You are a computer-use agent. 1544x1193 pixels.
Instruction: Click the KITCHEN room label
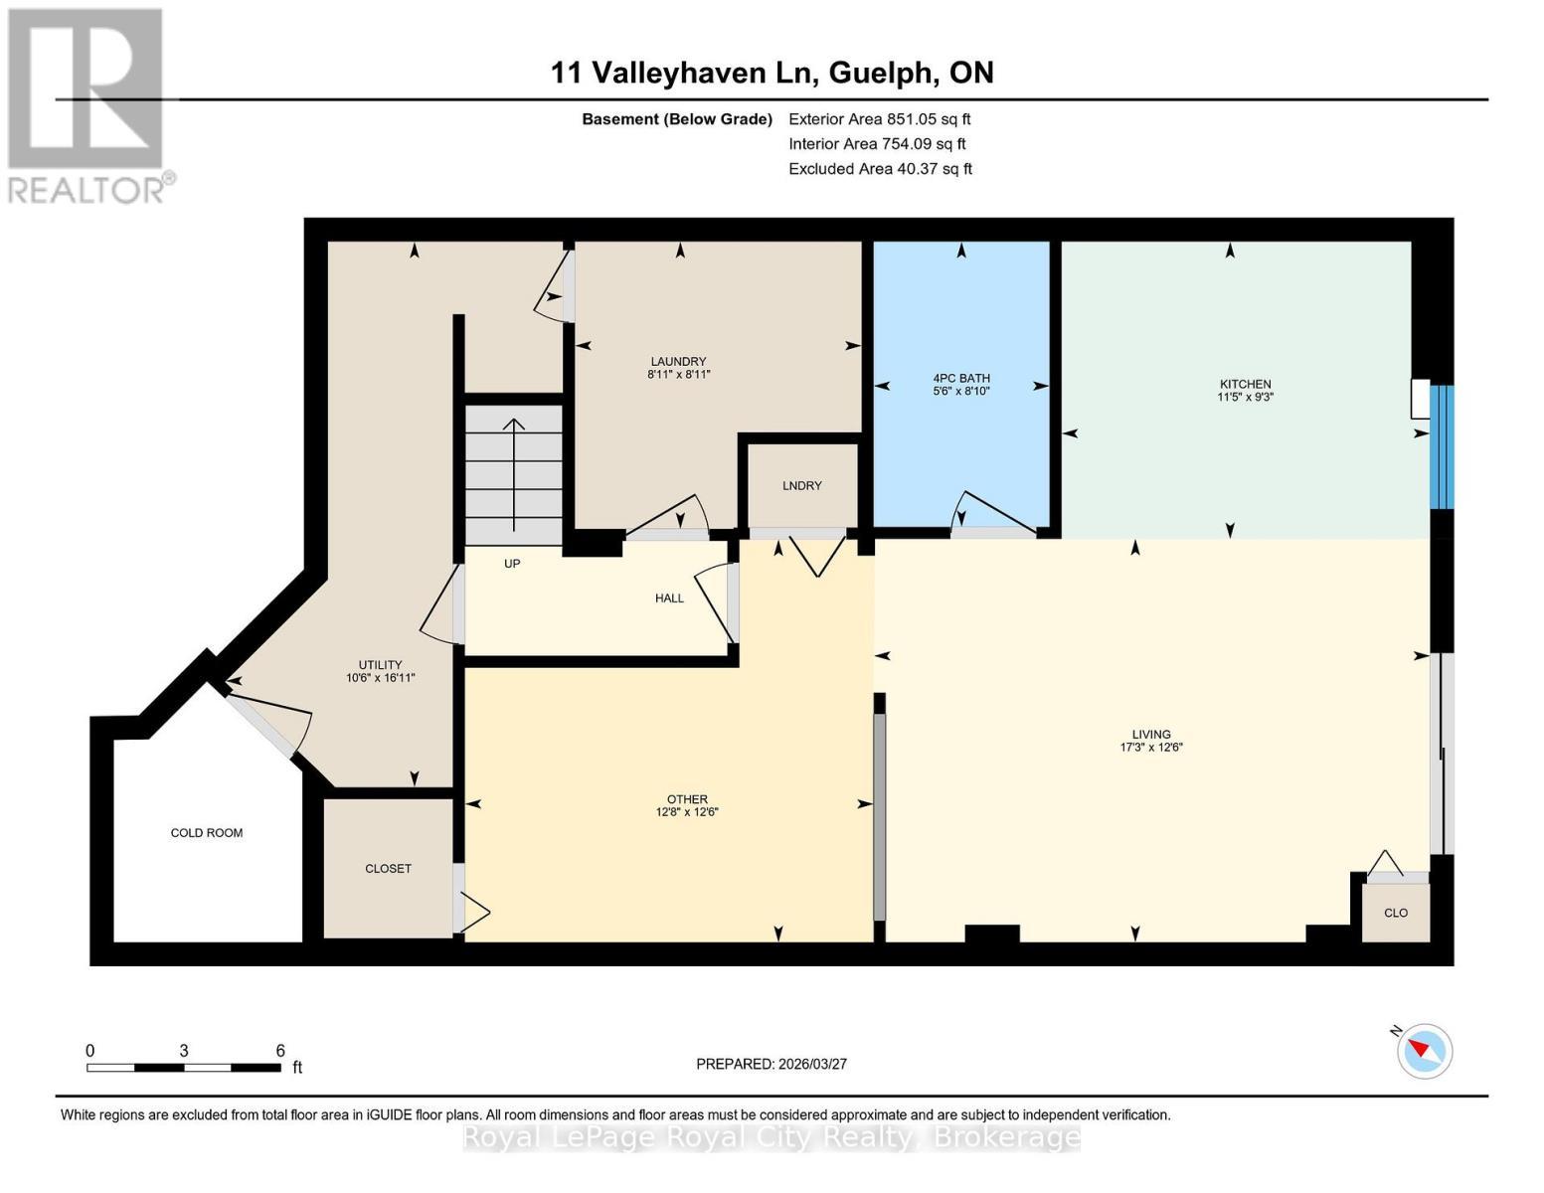[1245, 384]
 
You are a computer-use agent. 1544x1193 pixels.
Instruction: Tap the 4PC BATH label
[960, 378]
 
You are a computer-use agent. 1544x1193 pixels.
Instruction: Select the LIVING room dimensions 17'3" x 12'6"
[1150, 748]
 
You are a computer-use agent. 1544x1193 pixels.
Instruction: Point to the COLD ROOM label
[207, 833]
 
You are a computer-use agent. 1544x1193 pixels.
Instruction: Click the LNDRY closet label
[801, 485]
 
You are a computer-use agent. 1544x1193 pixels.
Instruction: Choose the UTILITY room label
[380, 665]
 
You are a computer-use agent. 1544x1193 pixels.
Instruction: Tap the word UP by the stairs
[512, 564]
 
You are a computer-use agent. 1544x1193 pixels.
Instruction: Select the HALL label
[669, 598]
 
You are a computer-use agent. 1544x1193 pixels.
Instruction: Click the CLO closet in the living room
[1395, 913]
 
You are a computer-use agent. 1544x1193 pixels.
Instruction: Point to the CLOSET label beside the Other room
[388, 868]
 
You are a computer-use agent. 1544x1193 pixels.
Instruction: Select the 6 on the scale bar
[280, 1051]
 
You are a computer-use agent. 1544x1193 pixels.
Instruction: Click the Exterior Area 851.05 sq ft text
[879, 119]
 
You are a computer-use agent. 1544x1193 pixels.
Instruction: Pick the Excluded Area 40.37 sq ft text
[880, 169]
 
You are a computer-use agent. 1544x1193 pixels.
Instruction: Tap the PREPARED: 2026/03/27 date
[772, 1064]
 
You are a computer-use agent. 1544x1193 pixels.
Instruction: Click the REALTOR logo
[87, 105]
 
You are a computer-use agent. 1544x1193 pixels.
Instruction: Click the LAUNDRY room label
[678, 361]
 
